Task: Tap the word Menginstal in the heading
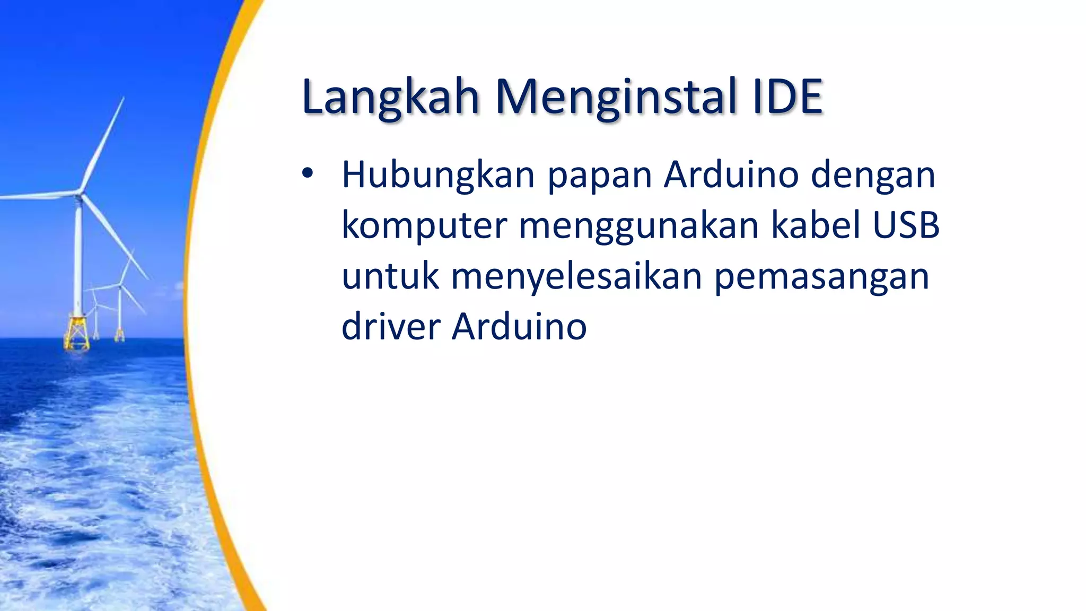617,97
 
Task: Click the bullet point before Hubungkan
308,173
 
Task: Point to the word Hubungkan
438,175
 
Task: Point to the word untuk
390,276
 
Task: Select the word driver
391,326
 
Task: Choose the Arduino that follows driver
519,326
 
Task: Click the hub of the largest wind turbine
79,194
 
